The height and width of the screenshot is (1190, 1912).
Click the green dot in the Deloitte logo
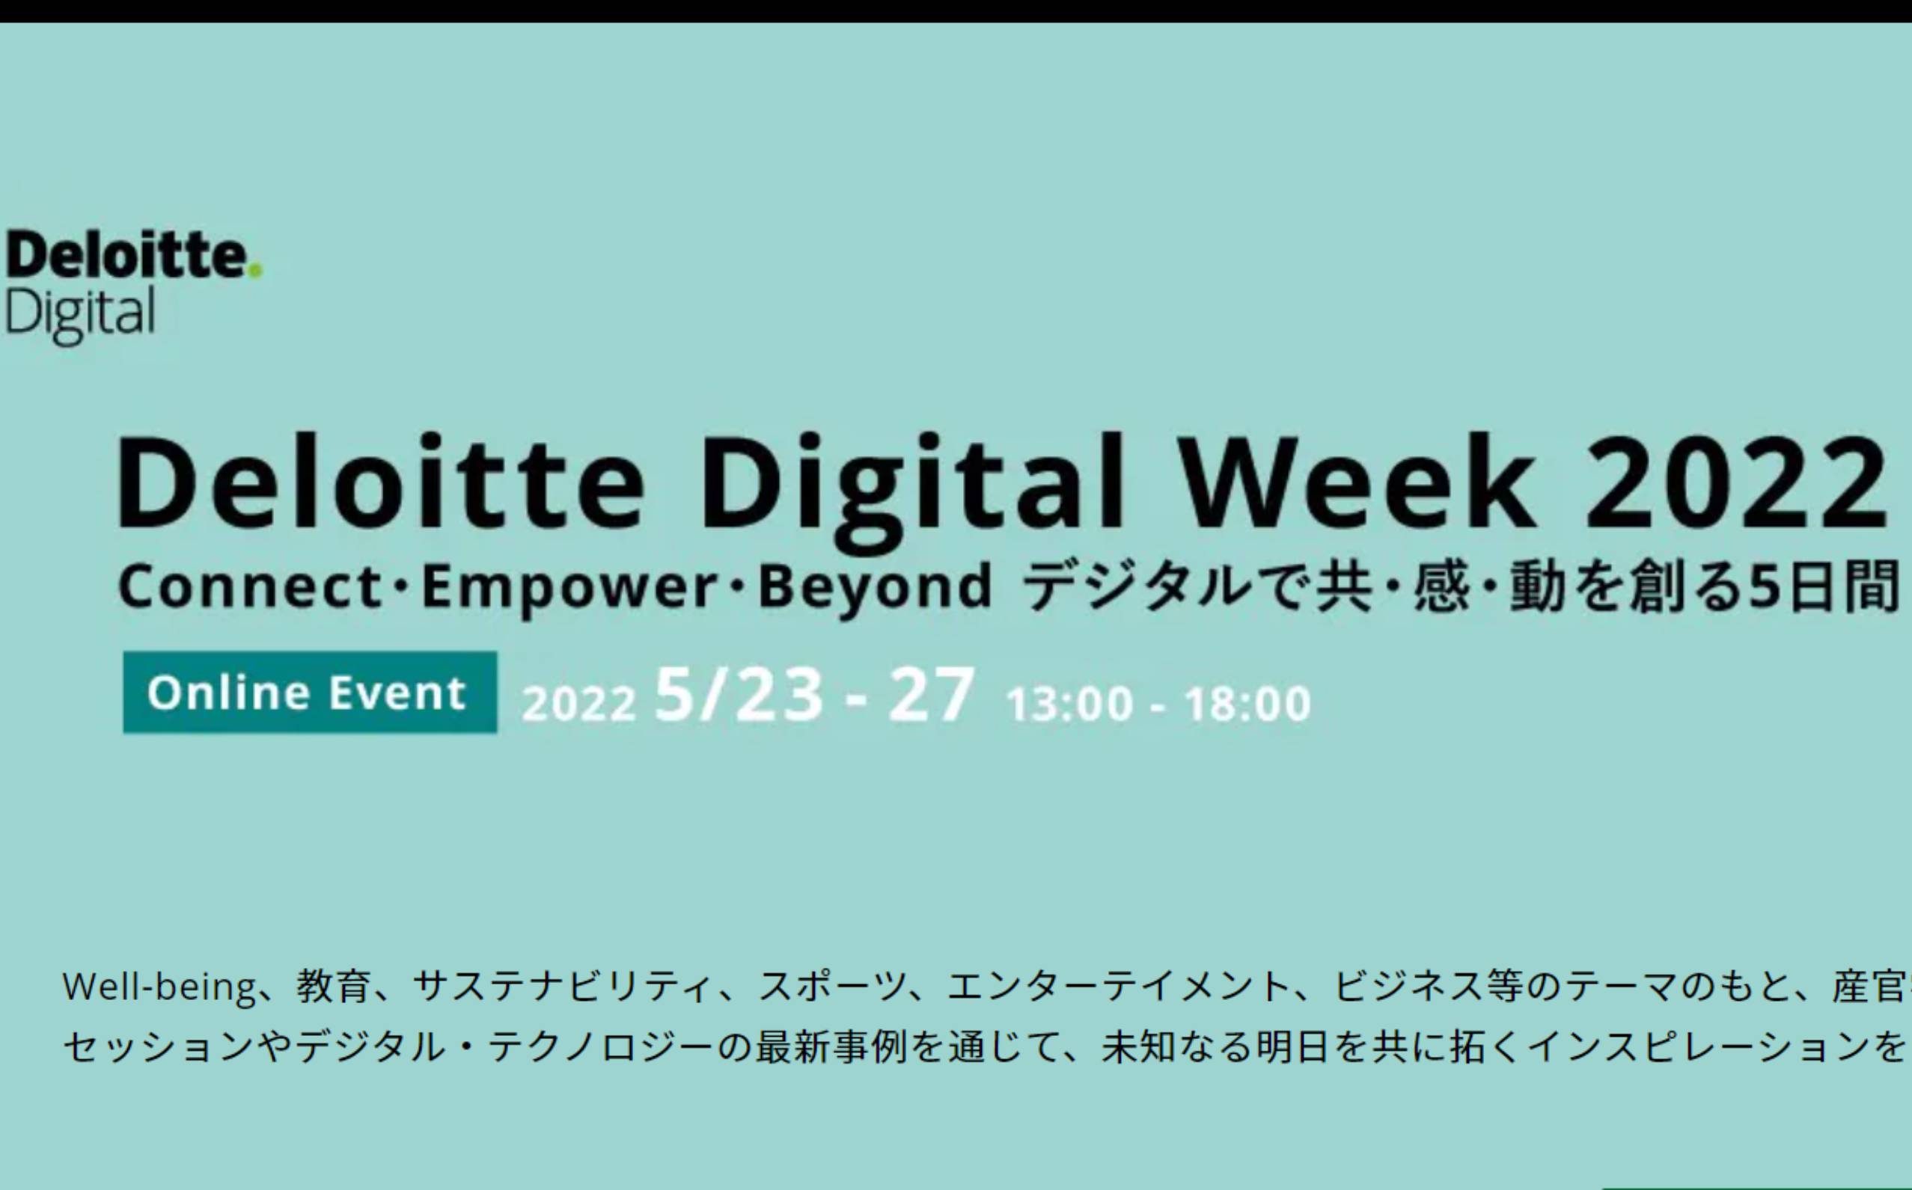(254, 271)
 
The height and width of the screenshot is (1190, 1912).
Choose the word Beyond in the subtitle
(875, 590)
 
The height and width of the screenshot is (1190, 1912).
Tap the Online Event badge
(310, 693)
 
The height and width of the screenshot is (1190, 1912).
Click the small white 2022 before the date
(578, 703)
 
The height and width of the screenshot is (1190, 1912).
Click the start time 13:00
(1069, 704)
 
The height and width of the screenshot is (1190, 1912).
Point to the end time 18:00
(1248, 704)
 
